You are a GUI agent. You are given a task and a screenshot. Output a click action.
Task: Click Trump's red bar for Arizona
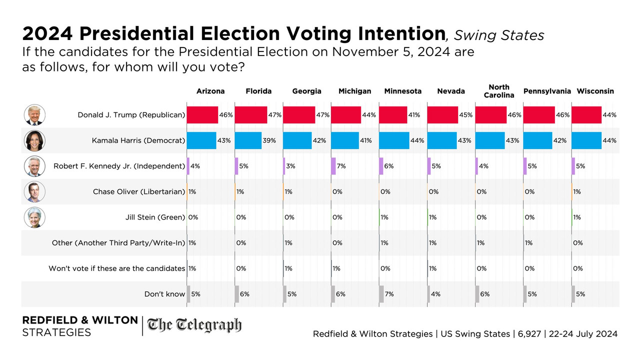(x=202, y=115)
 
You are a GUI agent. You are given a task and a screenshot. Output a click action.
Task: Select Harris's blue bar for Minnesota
(x=394, y=140)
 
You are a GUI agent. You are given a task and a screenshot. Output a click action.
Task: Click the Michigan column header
(x=354, y=91)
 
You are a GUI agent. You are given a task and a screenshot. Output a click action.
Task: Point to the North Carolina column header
(x=498, y=91)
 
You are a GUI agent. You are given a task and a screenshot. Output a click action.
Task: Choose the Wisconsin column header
(x=595, y=91)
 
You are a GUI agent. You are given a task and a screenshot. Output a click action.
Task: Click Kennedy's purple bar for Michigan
(x=333, y=166)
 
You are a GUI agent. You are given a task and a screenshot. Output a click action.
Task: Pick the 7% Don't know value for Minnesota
(x=389, y=294)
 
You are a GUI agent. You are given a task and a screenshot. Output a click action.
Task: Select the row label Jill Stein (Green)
(x=155, y=217)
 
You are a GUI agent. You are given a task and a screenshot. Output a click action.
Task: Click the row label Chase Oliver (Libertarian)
(x=139, y=191)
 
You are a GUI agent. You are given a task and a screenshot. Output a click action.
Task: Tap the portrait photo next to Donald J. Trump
(x=34, y=115)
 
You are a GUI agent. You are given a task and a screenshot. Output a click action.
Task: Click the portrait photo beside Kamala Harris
(x=34, y=140)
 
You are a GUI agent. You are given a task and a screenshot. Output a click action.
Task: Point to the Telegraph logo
(x=194, y=326)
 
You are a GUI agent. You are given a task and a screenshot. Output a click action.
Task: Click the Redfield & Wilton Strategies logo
(x=80, y=326)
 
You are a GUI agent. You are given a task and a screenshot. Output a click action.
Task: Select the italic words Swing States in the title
(x=499, y=35)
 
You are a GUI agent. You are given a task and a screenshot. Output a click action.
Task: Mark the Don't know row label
(x=164, y=294)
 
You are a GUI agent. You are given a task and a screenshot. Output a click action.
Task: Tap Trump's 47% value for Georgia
(x=323, y=115)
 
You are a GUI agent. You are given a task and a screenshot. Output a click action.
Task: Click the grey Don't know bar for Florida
(x=236, y=294)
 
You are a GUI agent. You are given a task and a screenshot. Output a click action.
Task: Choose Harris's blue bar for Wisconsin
(x=586, y=140)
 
